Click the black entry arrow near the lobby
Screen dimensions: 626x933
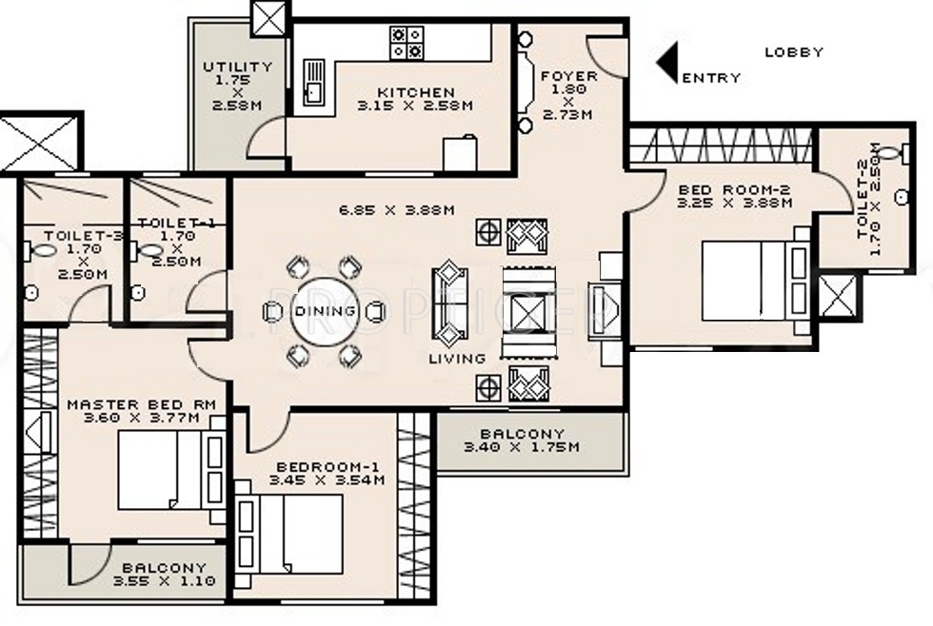(668, 63)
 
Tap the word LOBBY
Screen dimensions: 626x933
(794, 52)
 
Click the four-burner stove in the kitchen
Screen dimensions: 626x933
(407, 42)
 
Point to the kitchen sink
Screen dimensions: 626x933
(312, 83)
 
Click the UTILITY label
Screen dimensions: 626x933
(237, 68)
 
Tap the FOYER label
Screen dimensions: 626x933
(568, 76)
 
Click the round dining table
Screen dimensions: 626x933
(324, 311)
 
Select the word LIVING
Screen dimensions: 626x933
(456, 359)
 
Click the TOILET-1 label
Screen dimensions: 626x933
(169, 223)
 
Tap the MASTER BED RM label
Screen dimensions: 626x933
(141, 404)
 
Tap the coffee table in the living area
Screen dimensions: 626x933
(529, 311)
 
